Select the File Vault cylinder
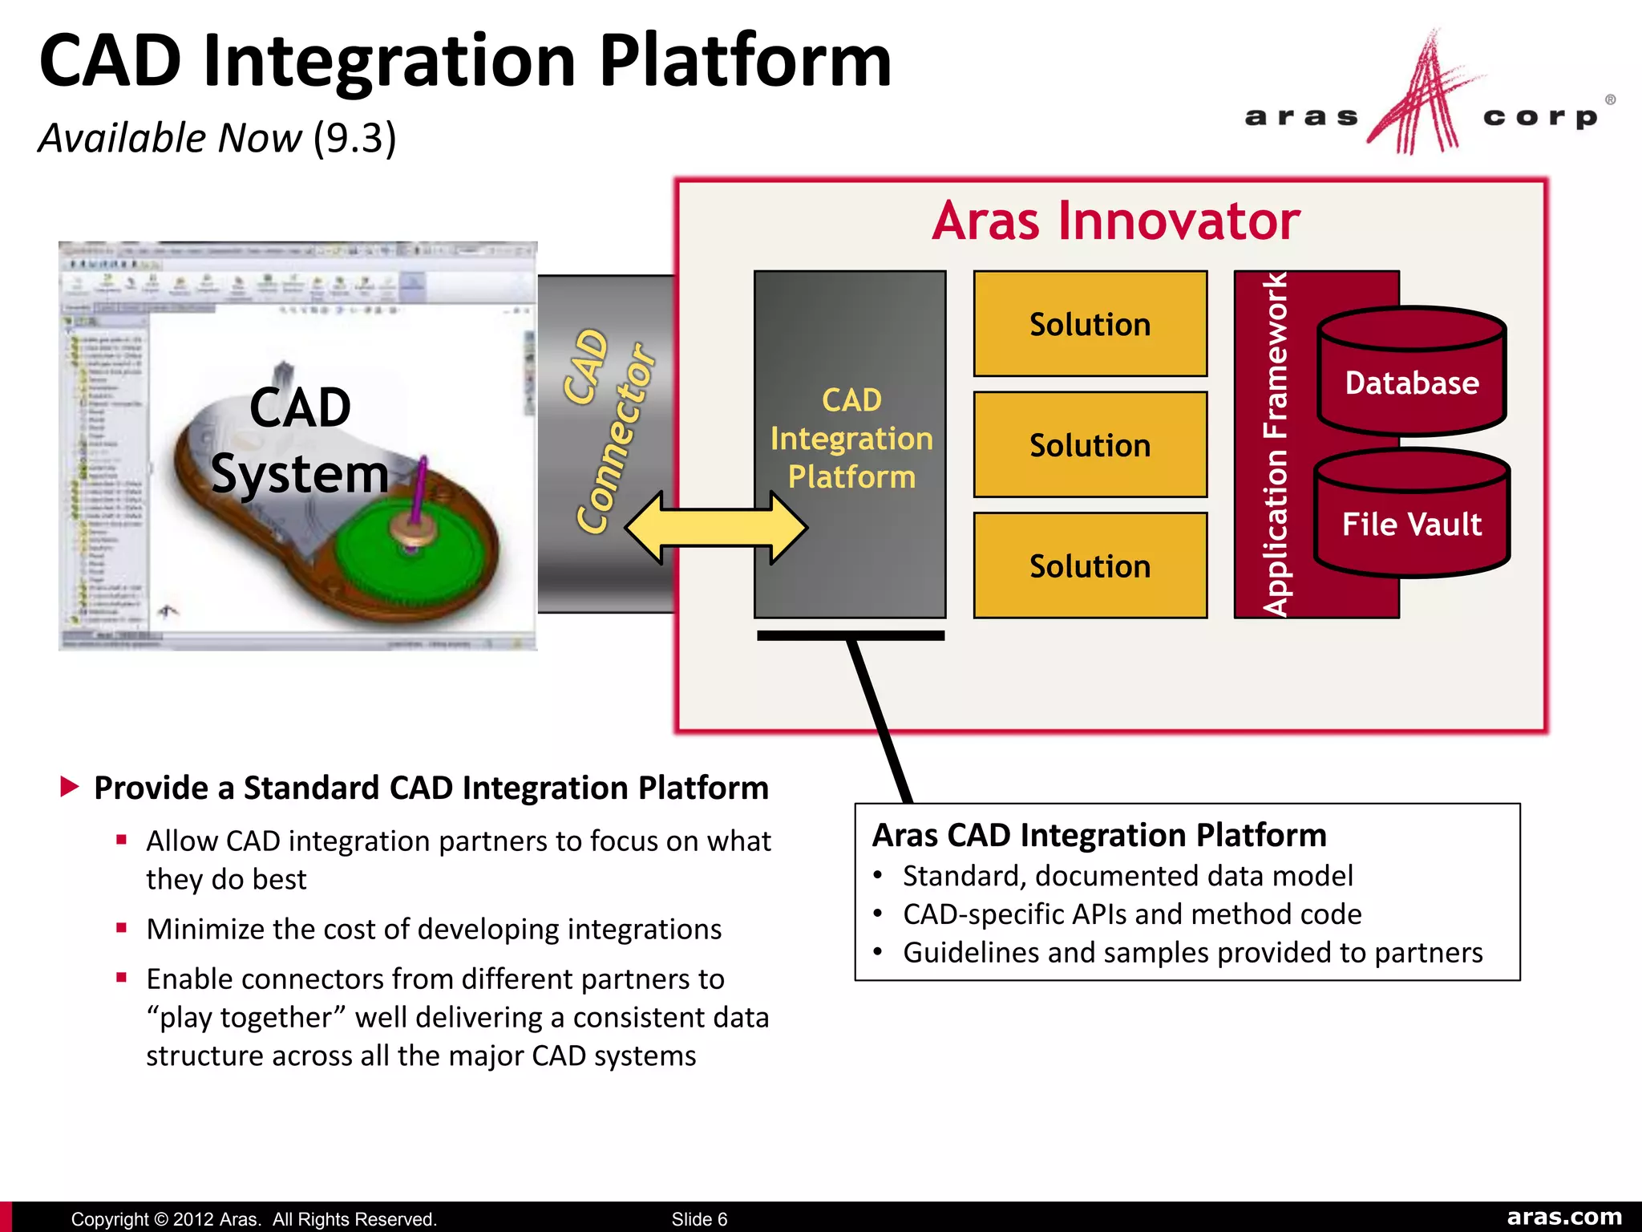click(1411, 517)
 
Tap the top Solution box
click(1090, 324)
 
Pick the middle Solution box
click(1090, 445)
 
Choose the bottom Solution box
click(1090, 566)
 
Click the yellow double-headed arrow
click(715, 529)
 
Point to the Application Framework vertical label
click(1275, 445)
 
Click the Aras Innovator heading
click(1115, 221)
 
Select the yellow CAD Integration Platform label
click(851, 438)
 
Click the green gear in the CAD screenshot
click(409, 553)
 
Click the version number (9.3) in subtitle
click(354, 138)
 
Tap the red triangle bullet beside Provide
click(70, 787)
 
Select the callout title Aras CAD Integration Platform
click(1098, 835)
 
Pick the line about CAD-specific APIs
click(1131, 914)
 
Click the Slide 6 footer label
click(699, 1219)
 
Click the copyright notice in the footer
click(253, 1219)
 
